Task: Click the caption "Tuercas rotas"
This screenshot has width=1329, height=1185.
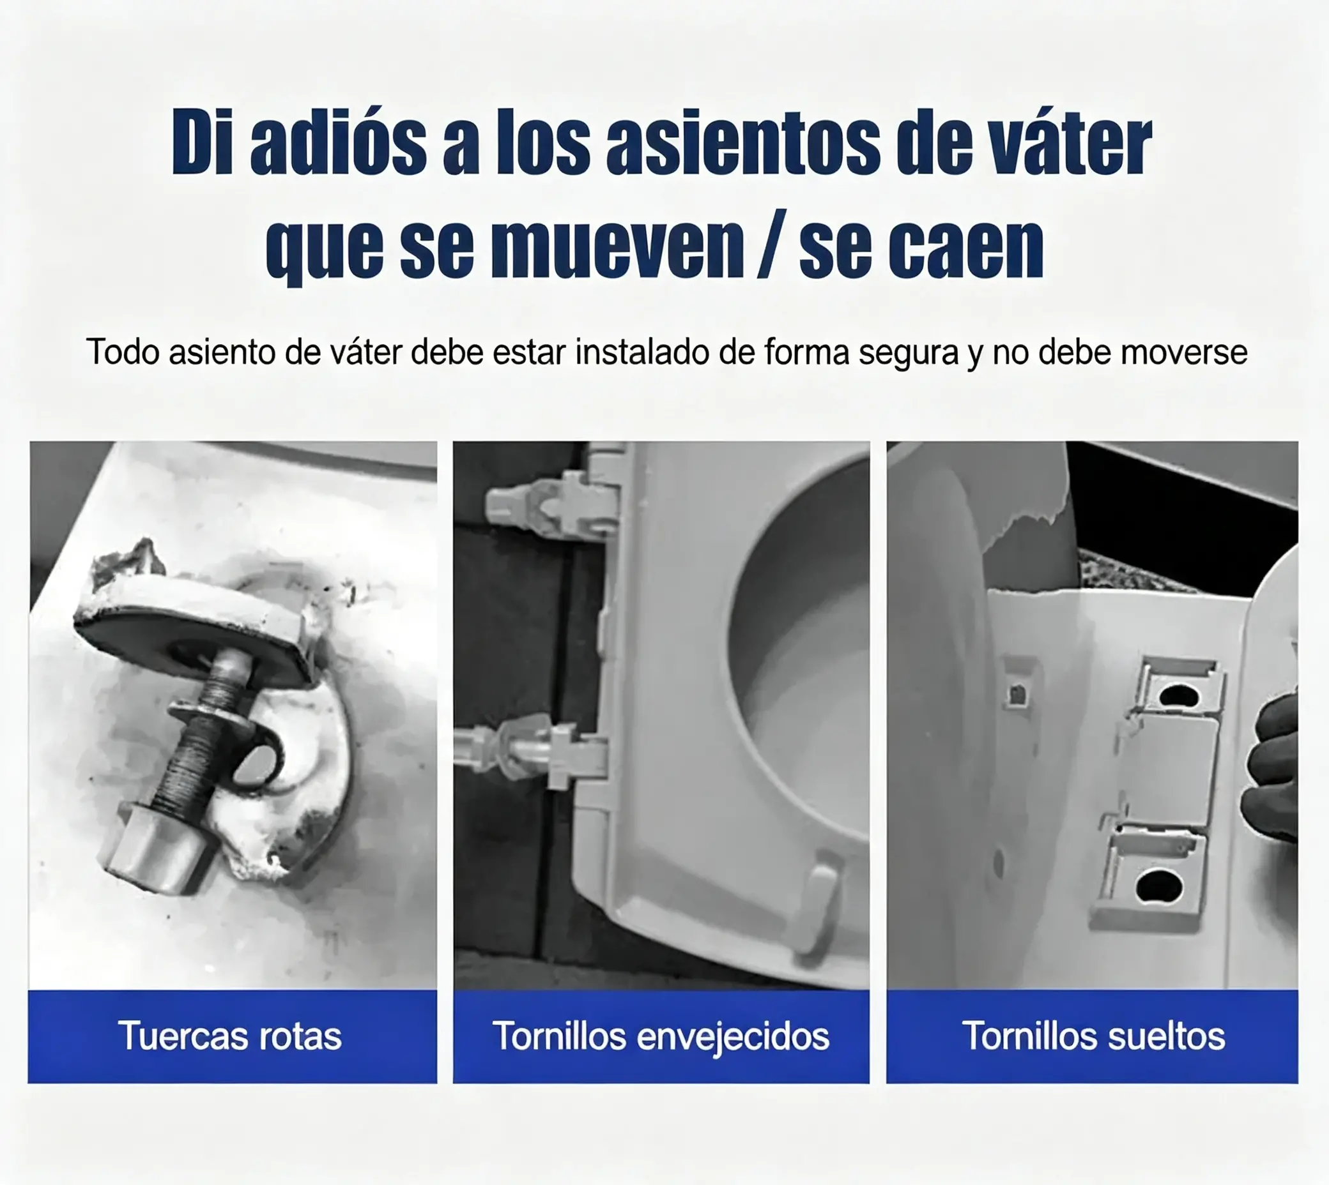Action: [229, 1035]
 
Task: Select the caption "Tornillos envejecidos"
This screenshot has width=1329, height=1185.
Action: [661, 1036]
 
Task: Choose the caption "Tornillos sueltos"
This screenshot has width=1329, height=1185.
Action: [1093, 1035]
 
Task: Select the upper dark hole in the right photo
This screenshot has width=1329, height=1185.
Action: [1179, 697]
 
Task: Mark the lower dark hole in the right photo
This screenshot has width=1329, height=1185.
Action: [1160, 887]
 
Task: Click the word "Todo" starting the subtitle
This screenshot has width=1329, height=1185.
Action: [123, 352]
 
